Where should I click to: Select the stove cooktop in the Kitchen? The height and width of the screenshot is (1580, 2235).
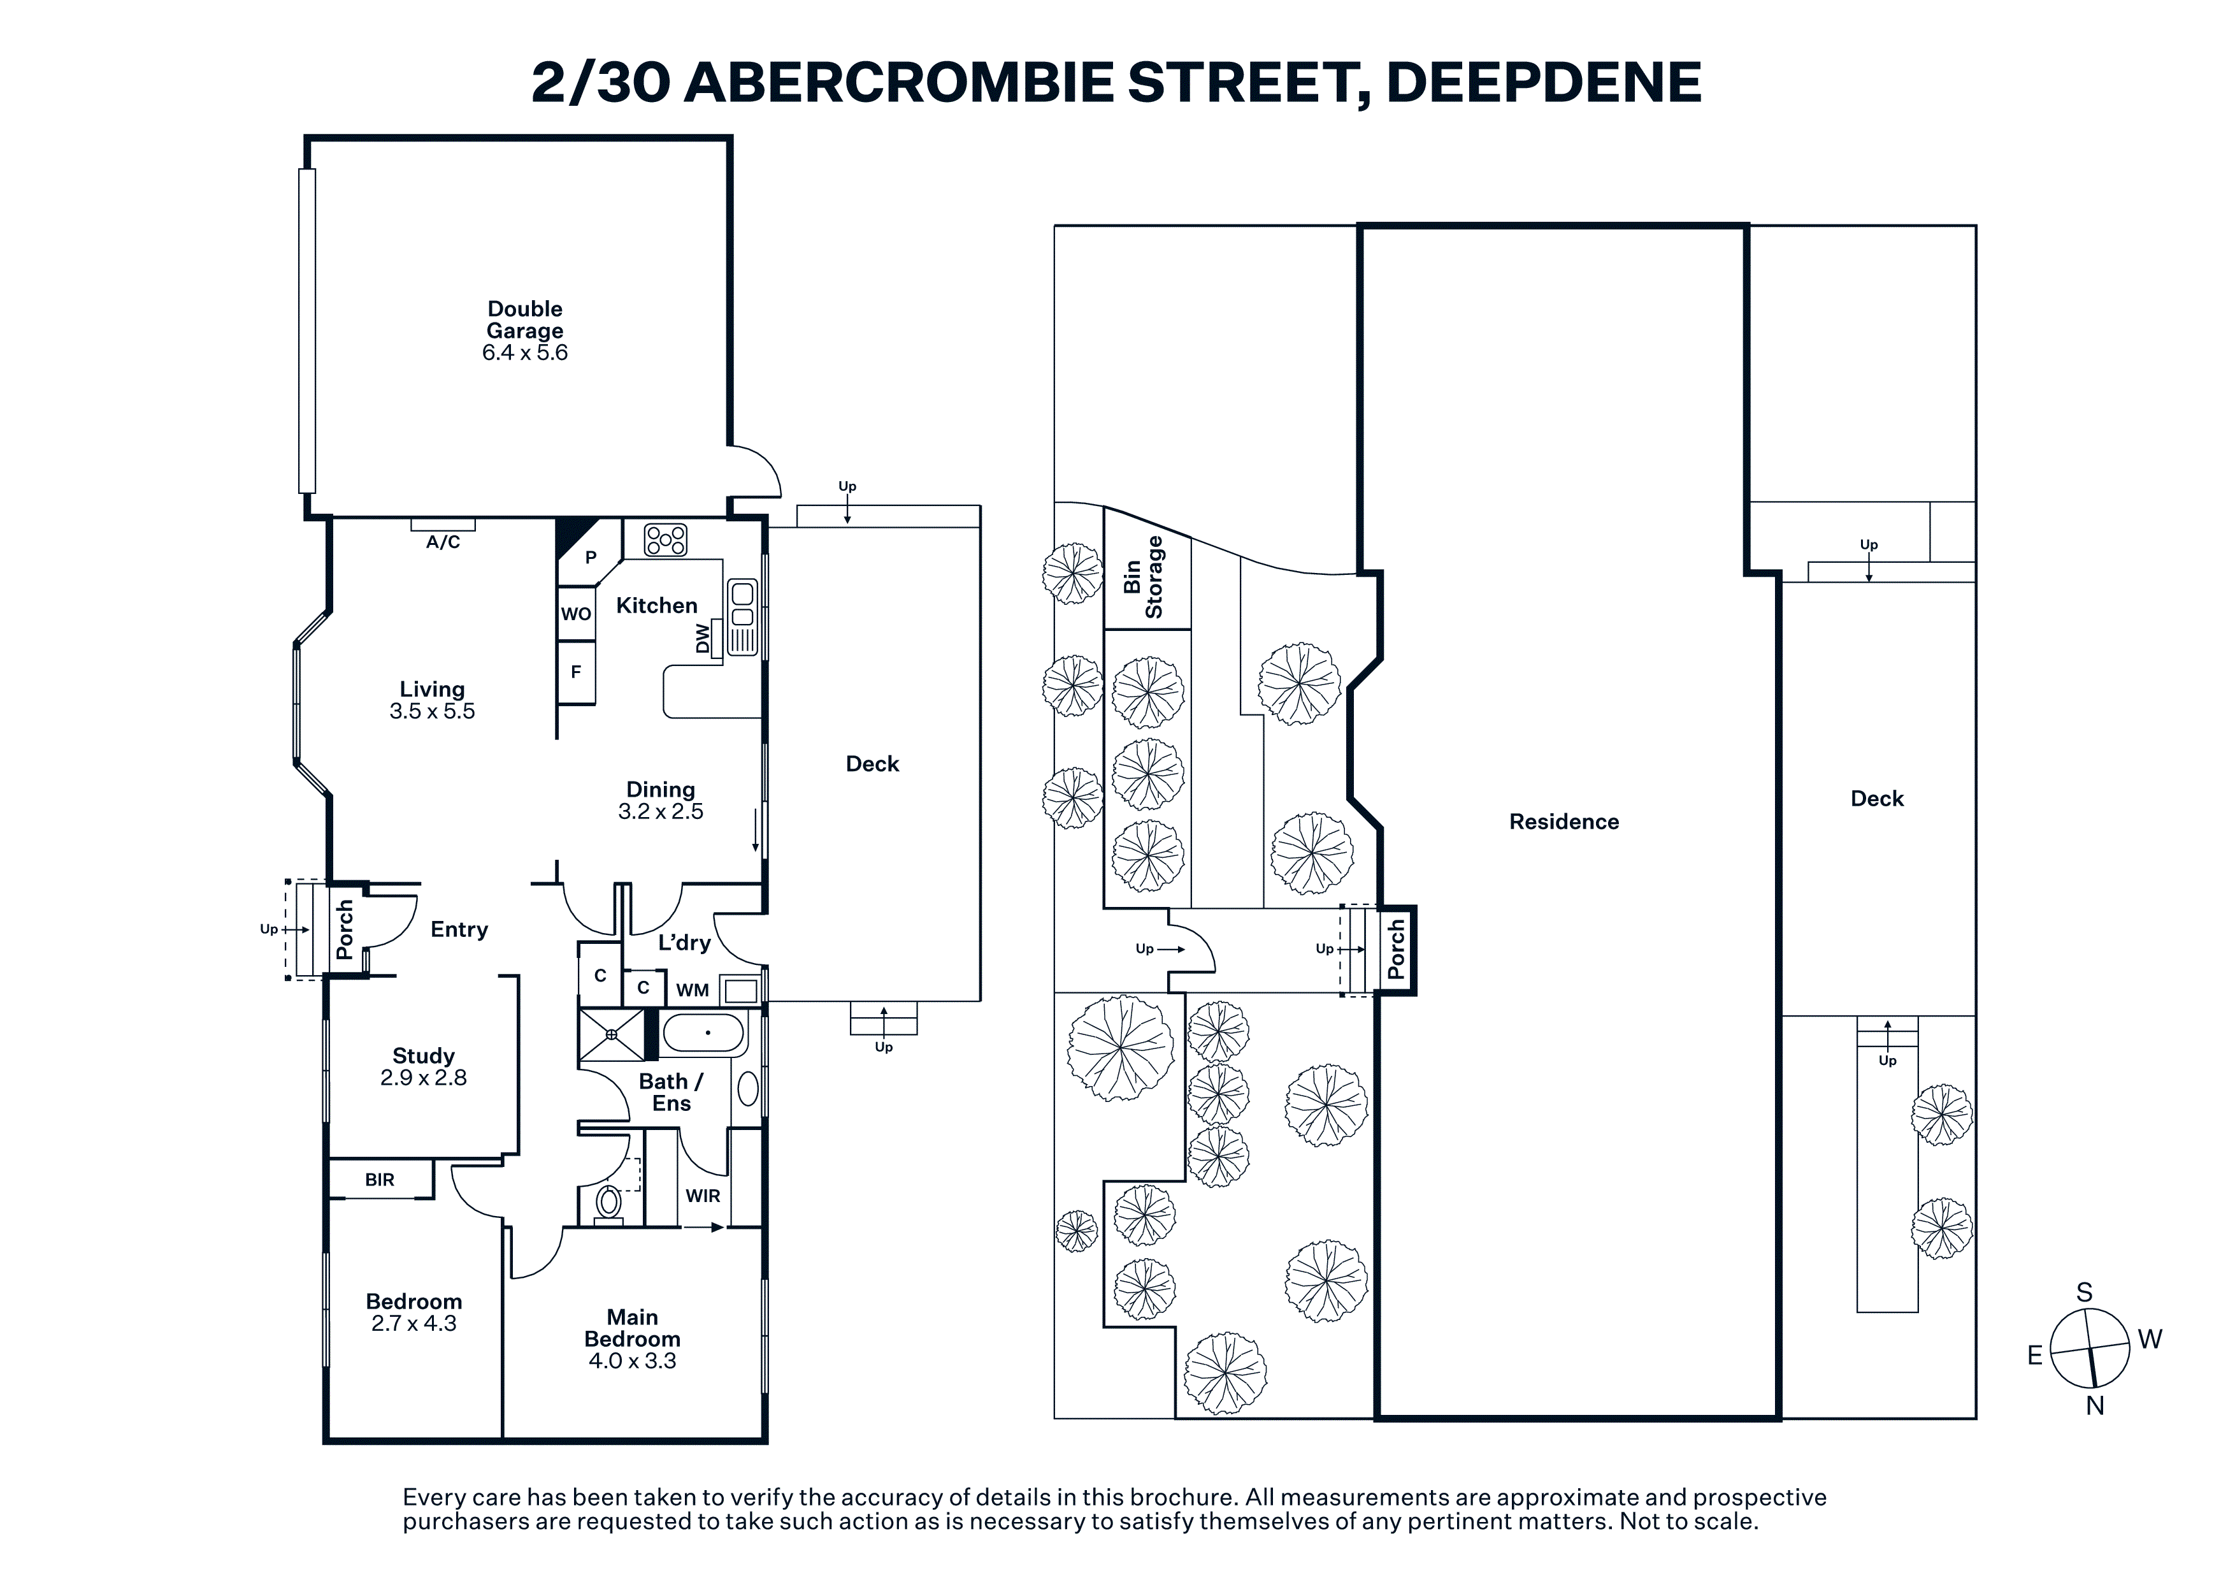click(666, 539)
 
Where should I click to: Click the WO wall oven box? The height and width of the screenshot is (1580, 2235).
click(577, 613)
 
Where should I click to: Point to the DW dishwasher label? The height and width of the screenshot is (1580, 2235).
click(703, 639)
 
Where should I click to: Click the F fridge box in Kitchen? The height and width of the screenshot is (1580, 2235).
click(577, 672)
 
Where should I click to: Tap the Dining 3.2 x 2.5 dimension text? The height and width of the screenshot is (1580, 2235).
click(661, 811)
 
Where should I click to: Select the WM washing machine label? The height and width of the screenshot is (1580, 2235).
click(692, 990)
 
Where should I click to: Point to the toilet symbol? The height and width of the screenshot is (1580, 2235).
click(608, 1204)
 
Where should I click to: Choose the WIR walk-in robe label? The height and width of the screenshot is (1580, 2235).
click(703, 1196)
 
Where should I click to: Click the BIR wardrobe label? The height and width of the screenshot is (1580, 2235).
click(380, 1180)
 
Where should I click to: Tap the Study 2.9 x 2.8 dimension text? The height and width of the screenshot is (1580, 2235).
click(424, 1078)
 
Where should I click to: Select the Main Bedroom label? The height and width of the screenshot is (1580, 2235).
click(633, 1328)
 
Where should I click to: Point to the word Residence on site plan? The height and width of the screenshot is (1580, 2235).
click(1564, 822)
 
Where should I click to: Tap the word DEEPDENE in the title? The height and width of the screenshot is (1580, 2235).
click(1544, 82)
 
